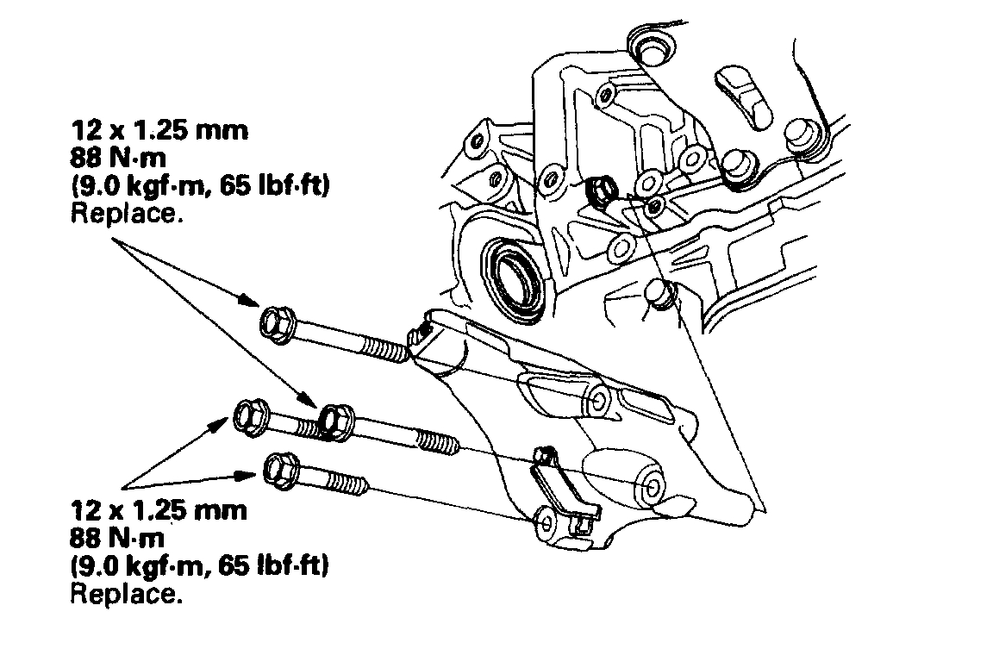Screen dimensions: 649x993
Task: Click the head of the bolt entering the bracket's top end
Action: pos(278,324)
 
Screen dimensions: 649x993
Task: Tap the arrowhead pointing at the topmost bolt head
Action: pos(251,301)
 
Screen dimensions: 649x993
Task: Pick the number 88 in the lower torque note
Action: pos(88,539)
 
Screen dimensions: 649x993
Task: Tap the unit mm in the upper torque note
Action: pos(223,131)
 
